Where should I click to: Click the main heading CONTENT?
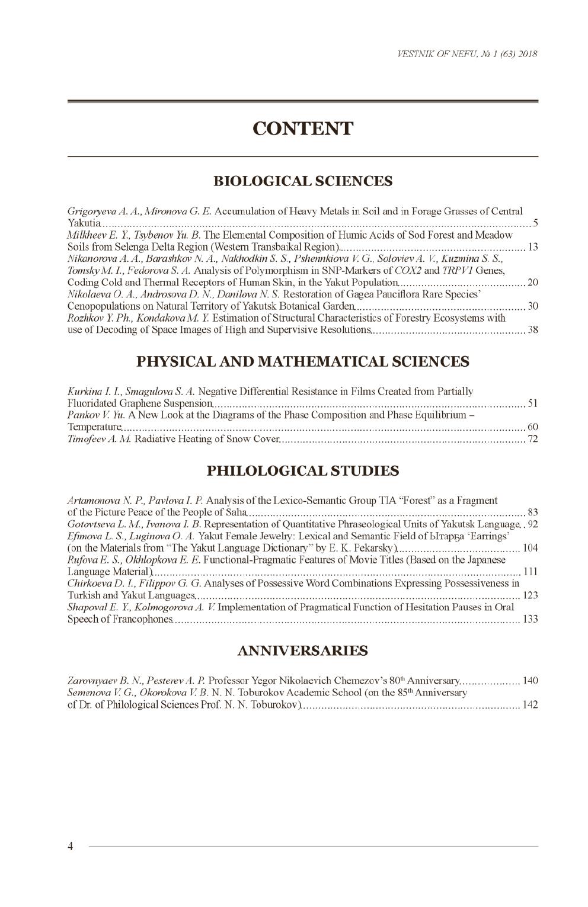tap(302, 129)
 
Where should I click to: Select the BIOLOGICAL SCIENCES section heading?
tap(302, 181)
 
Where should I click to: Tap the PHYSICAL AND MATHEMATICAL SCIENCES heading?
tap(302, 361)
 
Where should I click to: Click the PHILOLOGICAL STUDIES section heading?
tap(302, 471)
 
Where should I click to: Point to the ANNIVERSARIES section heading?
tap(302, 650)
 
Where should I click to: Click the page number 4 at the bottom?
tap(70, 846)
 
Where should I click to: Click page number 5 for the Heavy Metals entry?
tap(535, 223)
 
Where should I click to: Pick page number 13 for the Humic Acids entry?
tap(532, 247)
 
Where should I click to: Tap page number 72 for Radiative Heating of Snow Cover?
tap(532, 439)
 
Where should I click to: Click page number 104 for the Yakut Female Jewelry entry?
tap(530, 548)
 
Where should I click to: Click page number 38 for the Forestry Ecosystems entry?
tap(532, 330)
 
